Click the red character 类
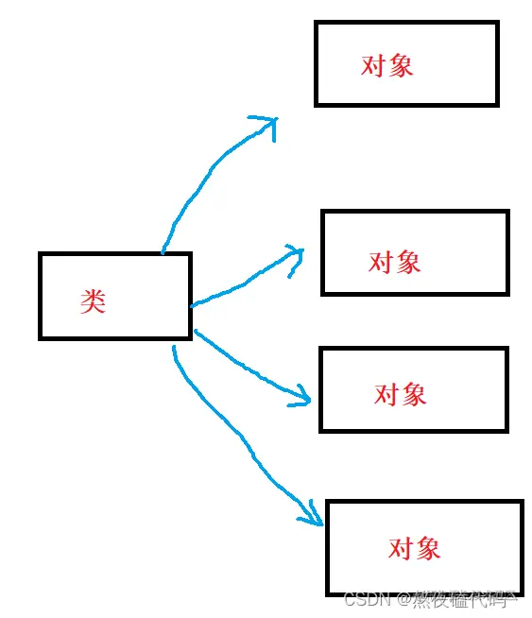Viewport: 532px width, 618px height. [x=93, y=301]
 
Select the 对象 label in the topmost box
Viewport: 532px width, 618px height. [x=387, y=65]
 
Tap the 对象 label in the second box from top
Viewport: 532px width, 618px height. [x=395, y=262]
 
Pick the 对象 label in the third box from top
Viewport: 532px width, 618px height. [x=401, y=394]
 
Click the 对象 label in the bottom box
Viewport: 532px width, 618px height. [x=415, y=548]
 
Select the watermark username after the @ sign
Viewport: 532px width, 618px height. [x=464, y=599]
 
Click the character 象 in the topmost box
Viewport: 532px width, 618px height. [x=401, y=65]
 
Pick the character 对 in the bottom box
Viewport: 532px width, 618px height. [x=402, y=548]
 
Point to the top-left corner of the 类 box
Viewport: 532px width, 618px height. [x=41, y=254]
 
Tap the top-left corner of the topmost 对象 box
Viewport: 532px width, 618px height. [x=317, y=24]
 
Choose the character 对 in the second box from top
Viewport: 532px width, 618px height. [x=382, y=262]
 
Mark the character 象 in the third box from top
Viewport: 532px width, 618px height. [x=414, y=394]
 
